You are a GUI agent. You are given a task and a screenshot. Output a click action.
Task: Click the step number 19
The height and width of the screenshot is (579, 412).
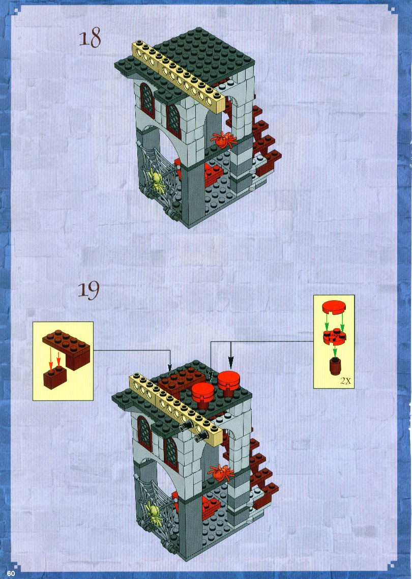tap(89, 290)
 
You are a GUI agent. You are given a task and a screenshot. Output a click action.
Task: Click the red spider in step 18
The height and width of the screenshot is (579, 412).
tap(223, 139)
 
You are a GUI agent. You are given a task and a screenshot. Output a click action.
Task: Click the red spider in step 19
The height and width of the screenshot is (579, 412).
tap(221, 472)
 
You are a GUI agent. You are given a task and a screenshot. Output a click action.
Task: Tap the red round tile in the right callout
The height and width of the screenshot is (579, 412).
tap(334, 307)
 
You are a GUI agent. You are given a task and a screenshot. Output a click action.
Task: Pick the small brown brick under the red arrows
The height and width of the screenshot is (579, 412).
tap(55, 378)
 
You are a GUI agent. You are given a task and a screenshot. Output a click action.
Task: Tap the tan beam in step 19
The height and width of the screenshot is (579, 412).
tap(176, 407)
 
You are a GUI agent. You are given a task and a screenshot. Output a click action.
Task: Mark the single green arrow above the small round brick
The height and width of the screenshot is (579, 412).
tap(335, 352)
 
